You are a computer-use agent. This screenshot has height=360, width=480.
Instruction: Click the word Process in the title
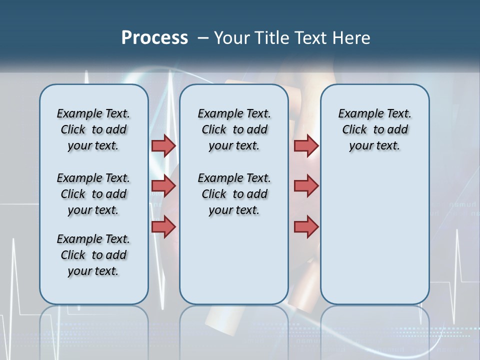coord(154,38)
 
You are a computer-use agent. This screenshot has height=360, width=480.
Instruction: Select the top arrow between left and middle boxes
coord(163,145)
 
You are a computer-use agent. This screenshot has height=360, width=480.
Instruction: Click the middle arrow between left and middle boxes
coord(163,186)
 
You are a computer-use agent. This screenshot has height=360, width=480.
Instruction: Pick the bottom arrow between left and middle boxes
coord(163,227)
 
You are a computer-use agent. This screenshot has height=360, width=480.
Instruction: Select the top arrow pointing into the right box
coord(306,145)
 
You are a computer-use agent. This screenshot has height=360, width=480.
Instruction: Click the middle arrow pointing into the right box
coord(306,186)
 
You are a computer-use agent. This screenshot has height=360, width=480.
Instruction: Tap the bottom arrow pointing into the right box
coord(306,227)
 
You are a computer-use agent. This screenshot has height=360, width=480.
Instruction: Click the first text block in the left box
coord(93,129)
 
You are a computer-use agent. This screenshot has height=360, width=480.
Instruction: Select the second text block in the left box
coord(93,194)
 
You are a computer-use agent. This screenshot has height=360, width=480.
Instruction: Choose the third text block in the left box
coord(93,255)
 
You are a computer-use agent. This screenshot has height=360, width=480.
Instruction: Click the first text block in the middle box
coord(234,129)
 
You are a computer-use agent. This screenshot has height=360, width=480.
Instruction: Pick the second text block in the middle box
coord(234,194)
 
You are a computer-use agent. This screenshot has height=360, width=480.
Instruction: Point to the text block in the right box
coord(375,129)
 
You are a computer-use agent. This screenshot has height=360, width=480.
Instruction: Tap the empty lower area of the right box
coord(375,240)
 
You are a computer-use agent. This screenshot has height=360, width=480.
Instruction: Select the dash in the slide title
coord(203,38)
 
